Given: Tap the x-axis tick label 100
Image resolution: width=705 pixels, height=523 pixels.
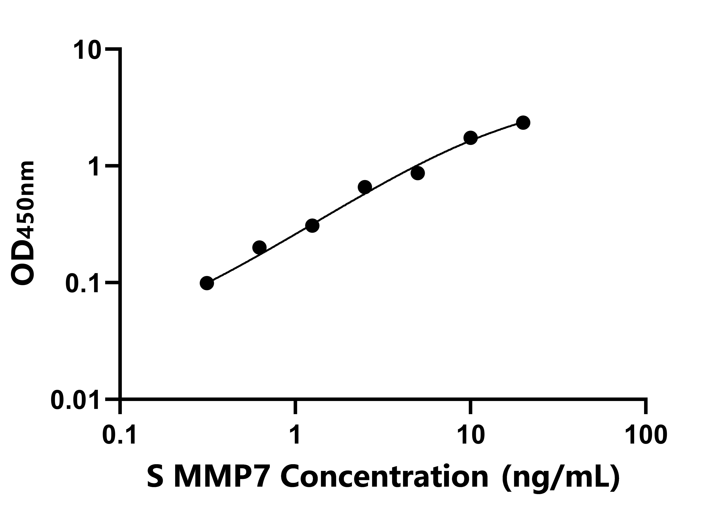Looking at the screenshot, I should pos(646,435).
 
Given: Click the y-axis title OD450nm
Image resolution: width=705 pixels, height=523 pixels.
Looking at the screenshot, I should pos(23,223).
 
